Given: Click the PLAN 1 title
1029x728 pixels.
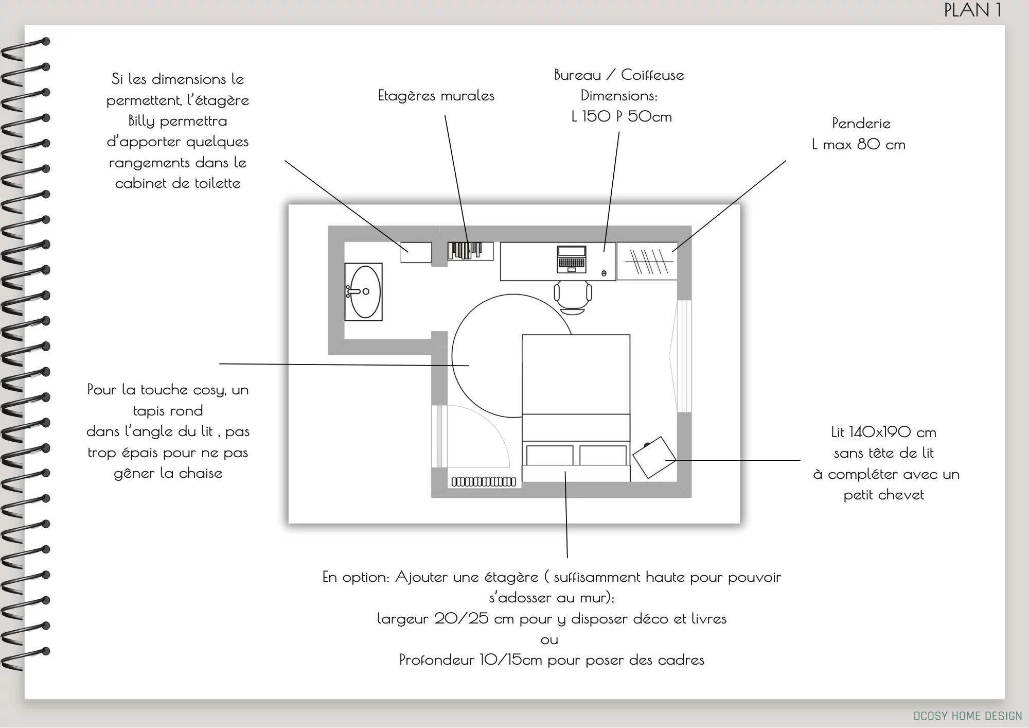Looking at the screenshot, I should [x=972, y=10].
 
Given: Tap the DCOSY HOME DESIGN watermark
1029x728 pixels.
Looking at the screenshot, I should [x=967, y=716].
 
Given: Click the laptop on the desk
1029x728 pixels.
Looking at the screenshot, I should [x=571, y=259].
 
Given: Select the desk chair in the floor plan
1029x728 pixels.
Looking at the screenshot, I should [x=573, y=296].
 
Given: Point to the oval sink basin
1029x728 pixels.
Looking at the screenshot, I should [x=365, y=291].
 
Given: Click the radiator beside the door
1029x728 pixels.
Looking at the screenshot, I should [x=484, y=482].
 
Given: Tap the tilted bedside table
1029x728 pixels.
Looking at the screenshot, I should [x=654, y=457].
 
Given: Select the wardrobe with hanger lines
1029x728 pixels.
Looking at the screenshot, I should [x=647, y=261].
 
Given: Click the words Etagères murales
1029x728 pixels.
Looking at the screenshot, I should [x=436, y=96].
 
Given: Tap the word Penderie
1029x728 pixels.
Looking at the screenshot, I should [x=861, y=124].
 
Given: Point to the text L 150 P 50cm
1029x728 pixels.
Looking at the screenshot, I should [x=621, y=116].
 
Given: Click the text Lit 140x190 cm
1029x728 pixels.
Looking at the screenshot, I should [x=883, y=432].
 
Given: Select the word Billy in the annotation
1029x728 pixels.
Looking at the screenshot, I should [x=141, y=121].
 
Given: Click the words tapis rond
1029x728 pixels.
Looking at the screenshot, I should [x=168, y=411].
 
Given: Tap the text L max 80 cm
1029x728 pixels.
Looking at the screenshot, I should [x=858, y=145].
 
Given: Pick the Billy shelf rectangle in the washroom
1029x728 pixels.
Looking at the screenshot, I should [x=416, y=252].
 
